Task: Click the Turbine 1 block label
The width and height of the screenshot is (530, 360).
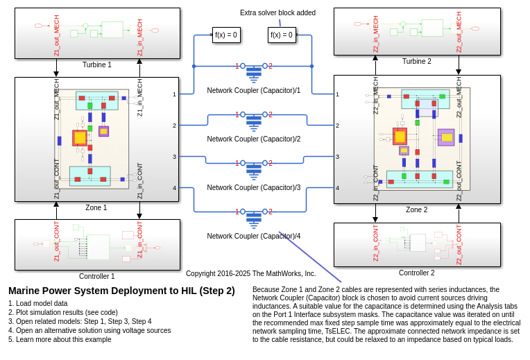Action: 97,65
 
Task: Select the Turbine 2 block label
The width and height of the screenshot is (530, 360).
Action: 416,62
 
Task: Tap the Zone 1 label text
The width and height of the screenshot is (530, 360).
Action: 96,208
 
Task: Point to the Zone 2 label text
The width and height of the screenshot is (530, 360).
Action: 416,210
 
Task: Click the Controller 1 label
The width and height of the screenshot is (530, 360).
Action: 97,277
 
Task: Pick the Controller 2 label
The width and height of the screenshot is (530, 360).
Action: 416,273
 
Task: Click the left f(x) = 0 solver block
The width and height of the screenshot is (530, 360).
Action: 226,35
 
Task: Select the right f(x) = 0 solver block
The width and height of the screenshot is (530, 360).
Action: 282,35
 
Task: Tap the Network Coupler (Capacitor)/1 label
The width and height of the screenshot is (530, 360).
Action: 253,91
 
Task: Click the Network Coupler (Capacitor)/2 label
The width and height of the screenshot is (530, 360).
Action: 253,139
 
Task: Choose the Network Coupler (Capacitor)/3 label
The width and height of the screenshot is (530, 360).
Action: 253,188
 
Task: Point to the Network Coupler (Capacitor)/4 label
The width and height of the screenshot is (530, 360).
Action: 253,237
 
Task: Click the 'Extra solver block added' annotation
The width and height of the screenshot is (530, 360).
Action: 277,13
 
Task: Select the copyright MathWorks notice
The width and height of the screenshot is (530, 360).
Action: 250,274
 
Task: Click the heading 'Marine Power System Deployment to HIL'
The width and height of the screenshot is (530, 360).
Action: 121,291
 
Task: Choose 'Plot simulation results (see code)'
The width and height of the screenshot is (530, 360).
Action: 63,313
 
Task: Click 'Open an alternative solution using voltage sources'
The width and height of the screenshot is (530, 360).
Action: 89,331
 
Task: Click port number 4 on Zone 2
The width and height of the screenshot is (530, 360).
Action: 337,188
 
